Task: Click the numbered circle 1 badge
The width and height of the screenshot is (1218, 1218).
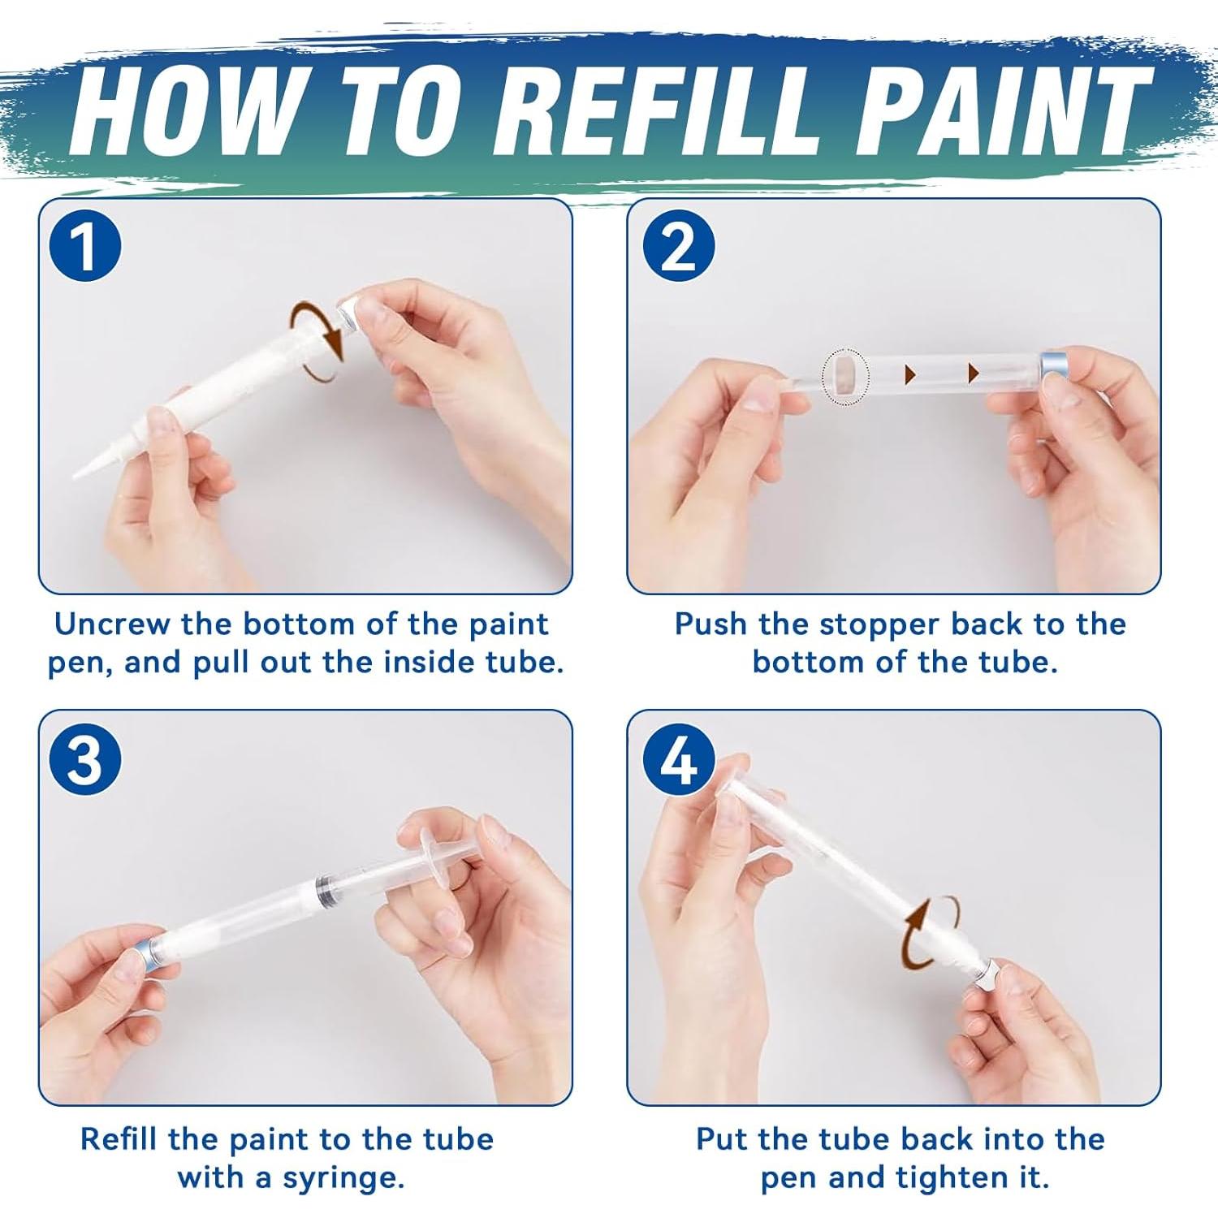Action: pyautogui.click(x=84, y=246)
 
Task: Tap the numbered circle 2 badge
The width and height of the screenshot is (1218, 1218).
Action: pyautogui.click(x=678, y=246)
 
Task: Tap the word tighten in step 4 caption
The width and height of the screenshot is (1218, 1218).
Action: pyautogui.click(x=947, y=1177)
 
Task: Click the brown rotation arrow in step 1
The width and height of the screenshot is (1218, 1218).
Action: pyautogui.click(x=319, y=343)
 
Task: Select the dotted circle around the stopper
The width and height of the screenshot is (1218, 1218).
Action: pyautogui.click(x=845, y=375)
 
